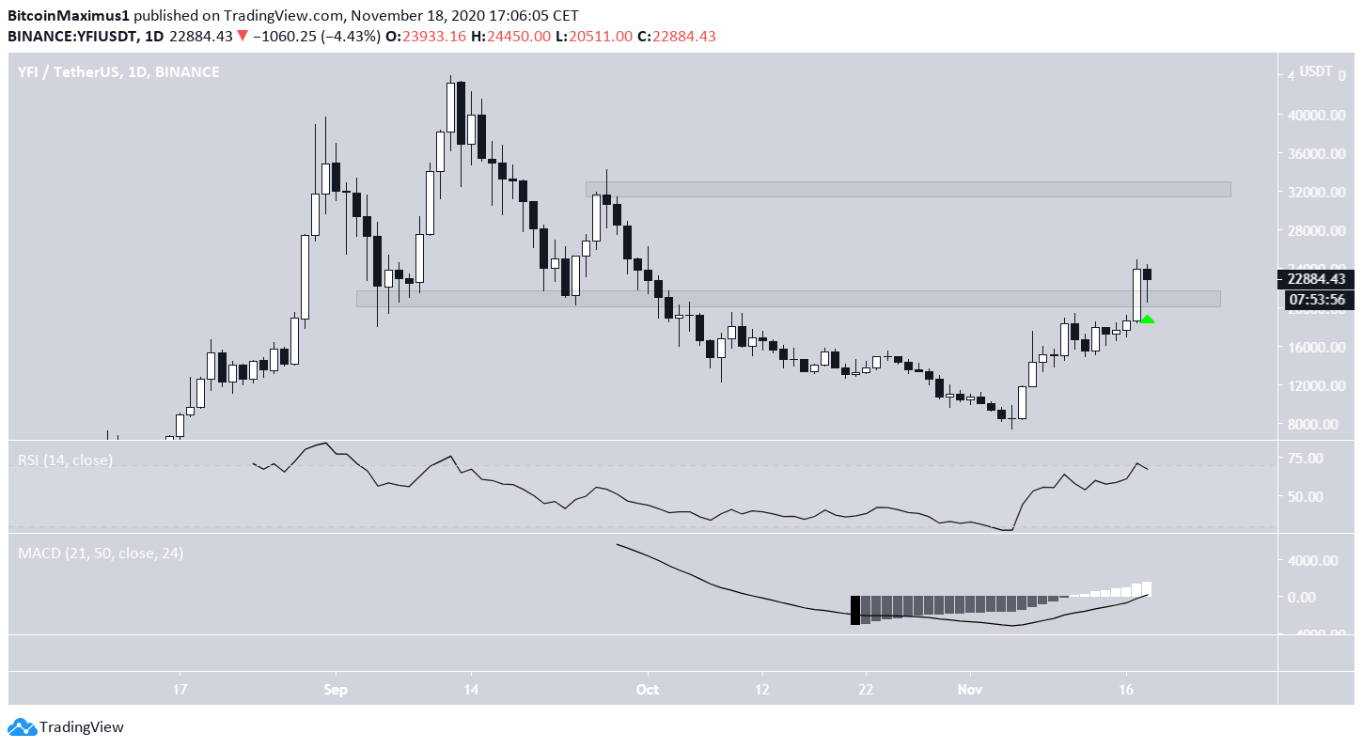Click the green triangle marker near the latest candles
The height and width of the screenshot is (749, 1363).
1147,320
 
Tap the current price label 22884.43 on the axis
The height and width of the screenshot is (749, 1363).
1317,279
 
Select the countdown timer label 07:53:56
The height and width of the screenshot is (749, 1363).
1317,300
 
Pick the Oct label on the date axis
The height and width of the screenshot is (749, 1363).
647,689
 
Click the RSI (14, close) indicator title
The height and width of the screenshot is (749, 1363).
66,460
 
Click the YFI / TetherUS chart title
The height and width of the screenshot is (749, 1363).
118,71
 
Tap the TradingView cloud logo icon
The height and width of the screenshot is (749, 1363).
22,726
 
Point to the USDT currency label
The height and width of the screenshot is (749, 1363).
1316,71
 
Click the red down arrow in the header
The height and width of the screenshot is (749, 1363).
243,36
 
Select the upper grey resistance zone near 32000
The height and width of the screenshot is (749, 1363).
907,189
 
